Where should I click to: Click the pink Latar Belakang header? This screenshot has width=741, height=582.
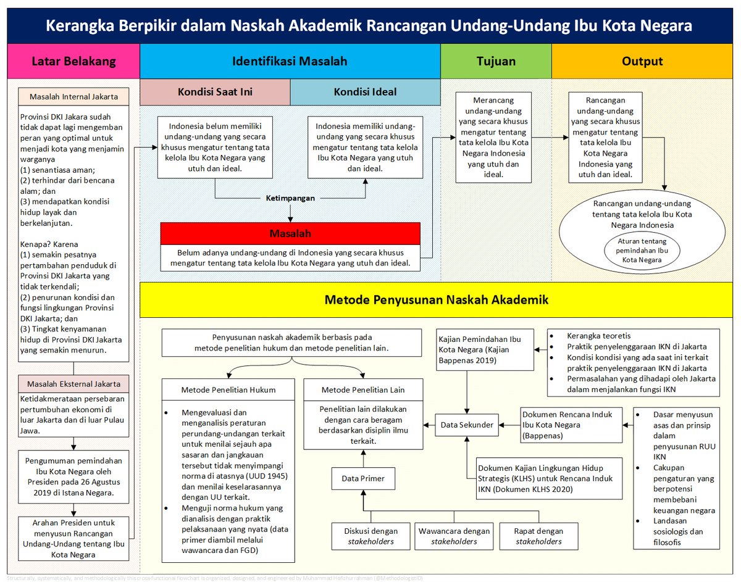click(x=73, y=61)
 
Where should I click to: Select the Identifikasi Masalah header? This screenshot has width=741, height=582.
click(x=290, y=61)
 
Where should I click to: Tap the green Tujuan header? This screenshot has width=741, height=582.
click(x=496, y=61)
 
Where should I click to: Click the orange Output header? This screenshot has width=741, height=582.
click(x=642, y=61)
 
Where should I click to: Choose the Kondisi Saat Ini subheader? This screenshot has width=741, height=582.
click(x=215, y=93)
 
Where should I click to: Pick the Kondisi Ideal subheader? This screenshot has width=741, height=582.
click(x=365, y=93)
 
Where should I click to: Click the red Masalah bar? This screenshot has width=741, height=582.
click(x=290, y=234)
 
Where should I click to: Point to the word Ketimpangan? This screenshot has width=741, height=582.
click(x=290, y=199)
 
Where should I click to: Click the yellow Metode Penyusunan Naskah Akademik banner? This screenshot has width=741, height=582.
click(x=437, y=300)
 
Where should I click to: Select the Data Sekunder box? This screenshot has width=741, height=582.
click(x=466, y=425)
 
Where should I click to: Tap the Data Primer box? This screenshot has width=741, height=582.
click(x=363, y=478)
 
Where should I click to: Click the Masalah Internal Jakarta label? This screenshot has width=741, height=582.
click(x=73, y=97)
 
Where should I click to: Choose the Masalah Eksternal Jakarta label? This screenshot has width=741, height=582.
click(x=73, y=384)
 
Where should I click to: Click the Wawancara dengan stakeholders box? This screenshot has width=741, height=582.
click(x=454, y=536)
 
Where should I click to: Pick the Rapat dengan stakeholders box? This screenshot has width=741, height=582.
click(x=538, y=536)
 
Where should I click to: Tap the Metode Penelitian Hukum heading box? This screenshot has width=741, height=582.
click(x=228, y=390)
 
